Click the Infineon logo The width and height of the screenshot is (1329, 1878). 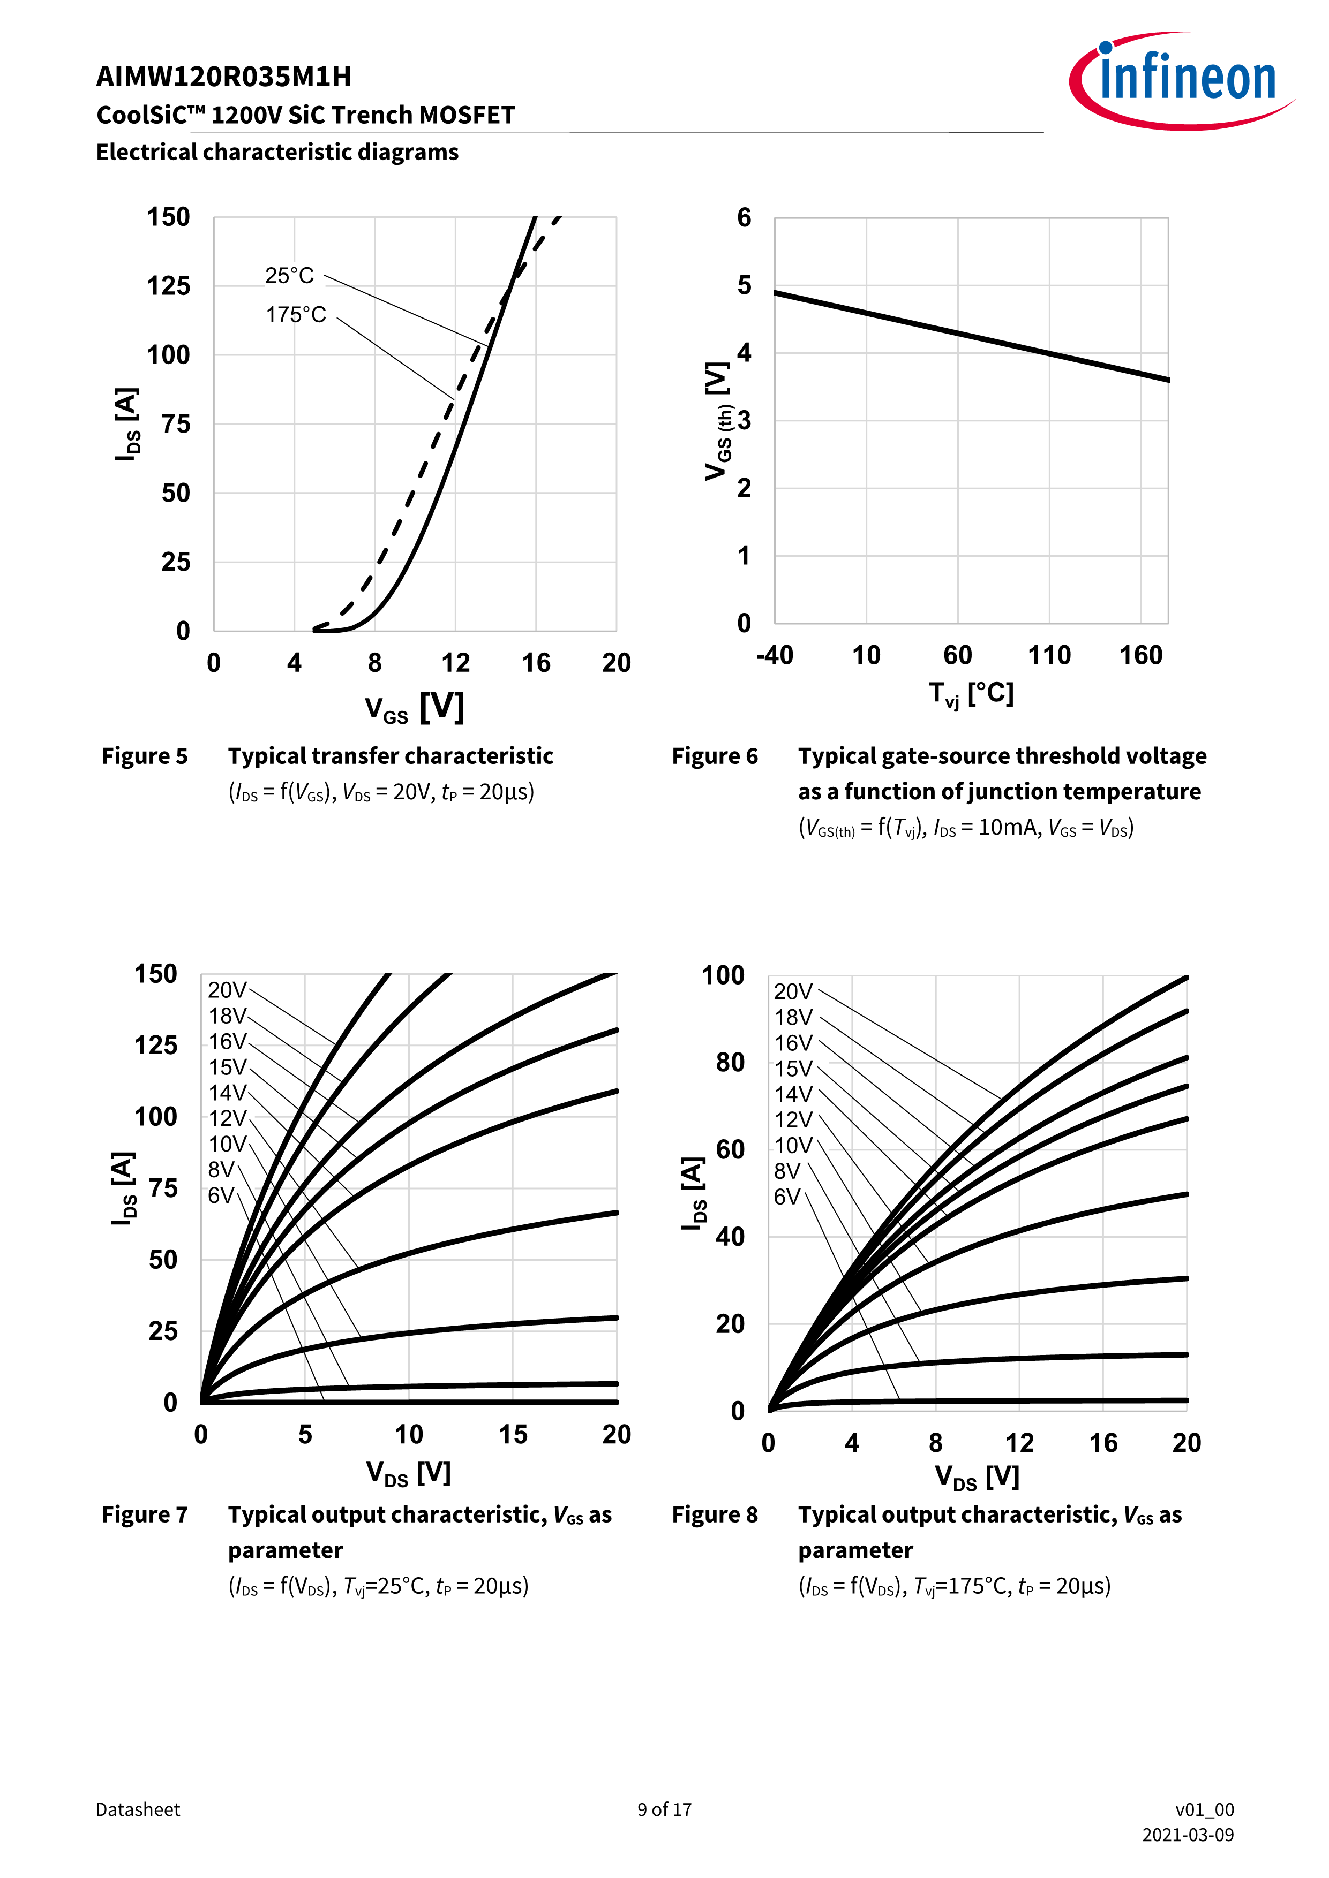tap(1183, 80)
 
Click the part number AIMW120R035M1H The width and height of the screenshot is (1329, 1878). tap(223, 77)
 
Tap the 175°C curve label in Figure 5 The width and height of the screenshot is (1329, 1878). tap(296, 315)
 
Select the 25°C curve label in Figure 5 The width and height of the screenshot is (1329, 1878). tap(289, 276)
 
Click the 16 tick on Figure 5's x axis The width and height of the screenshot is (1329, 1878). tap(536, 663)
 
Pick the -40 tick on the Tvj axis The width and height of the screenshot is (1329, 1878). tap(774, 655)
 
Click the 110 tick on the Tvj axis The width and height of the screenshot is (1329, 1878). tap(1049, 655)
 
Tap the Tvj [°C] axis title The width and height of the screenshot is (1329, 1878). tap(971, 694)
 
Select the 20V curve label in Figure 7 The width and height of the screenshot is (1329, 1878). tap(227, 990)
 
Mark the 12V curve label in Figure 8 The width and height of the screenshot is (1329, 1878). tap(793, 1120)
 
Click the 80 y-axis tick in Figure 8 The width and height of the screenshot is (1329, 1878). tap(730, 1063)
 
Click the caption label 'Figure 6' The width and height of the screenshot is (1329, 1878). tap(715, 756)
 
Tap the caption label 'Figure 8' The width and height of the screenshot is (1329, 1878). tap(715, 1515)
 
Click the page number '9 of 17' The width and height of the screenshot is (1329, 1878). tap(664, 1809)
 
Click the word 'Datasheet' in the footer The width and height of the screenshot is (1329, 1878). tap(138, 1809)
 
